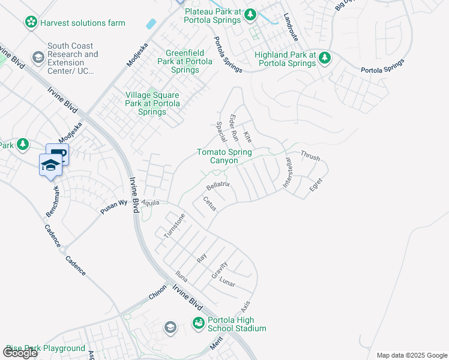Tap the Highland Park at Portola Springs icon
(325, 58)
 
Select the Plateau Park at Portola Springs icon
(251, 14)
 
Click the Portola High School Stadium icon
(198, 323)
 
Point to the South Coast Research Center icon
(38, 58)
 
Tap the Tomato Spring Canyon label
(224, 156)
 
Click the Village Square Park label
(152, 103)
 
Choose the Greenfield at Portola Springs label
(184, 61)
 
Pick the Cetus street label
(209, 203)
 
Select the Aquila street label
(151, 203)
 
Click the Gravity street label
(219, 270)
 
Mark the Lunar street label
(227, 282)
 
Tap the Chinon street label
(157, 292)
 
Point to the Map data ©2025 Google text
(411, 355)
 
